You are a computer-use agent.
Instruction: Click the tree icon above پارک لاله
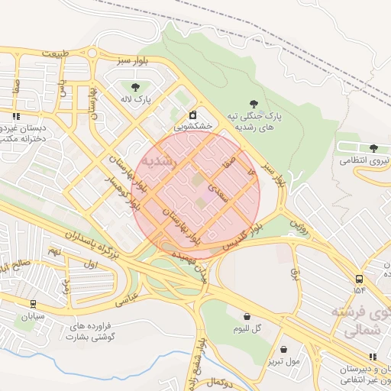coord(135,86)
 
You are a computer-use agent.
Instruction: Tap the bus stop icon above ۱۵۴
coord(359,279)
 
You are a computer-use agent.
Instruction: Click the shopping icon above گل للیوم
coord(247,315)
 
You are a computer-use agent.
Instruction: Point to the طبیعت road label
coord(60,53)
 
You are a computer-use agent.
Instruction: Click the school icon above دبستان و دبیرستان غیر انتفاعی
coord(373,356)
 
